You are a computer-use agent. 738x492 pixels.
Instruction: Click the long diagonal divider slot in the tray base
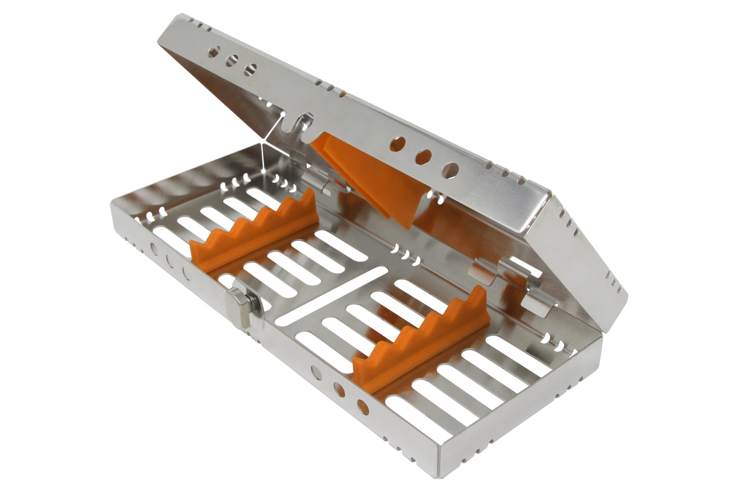point(331,294)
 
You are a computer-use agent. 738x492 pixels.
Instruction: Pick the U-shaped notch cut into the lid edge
point(303,123)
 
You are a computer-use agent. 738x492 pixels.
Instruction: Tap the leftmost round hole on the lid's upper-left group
point(213,52)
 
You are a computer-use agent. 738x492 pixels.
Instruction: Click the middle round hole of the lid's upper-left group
point(232,61)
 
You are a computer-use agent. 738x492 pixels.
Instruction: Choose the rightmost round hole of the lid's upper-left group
point(250,69)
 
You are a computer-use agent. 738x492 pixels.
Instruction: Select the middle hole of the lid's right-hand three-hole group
point(423,157)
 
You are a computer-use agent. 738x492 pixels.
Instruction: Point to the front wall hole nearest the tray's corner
point(363,406)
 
